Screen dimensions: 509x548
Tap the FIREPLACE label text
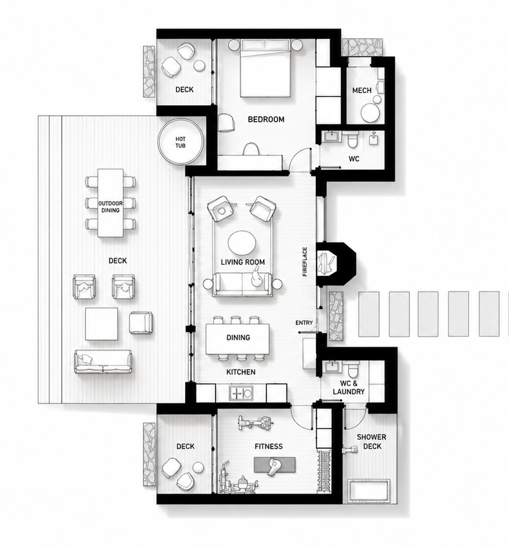click(x=305, y=262)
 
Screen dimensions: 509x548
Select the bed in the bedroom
click(x=266, y=68)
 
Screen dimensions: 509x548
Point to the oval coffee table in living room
click(x=242, y=243)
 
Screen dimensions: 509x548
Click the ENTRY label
click(x=304, y=323)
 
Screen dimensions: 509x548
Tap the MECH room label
click(x=362, y=90)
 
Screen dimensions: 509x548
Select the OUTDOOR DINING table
click(x=110, y=203)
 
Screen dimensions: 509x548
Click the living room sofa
click(x=243, y=284)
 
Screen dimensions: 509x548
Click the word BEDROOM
click(x=266, y=120)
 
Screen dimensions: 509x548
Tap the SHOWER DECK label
click(x=372, y=441)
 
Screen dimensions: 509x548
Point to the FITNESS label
click(x=269, y=446)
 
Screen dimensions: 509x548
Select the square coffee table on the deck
click(x=102, y=324)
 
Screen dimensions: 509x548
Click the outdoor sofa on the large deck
click(x=103, y=362)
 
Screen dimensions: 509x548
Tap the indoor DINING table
click(x=238, y=339)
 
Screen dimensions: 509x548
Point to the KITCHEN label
click(x=241, y=372)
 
